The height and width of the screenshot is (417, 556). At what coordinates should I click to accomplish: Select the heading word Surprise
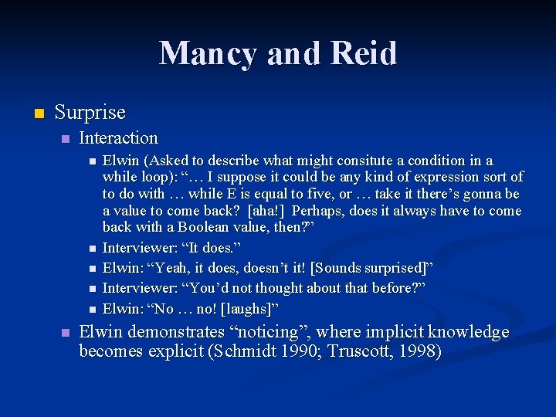tap(90, 113)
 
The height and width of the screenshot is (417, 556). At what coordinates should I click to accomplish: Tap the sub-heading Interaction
tap(118, 138)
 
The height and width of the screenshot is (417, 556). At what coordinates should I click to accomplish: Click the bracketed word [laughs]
tap(249, 309)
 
